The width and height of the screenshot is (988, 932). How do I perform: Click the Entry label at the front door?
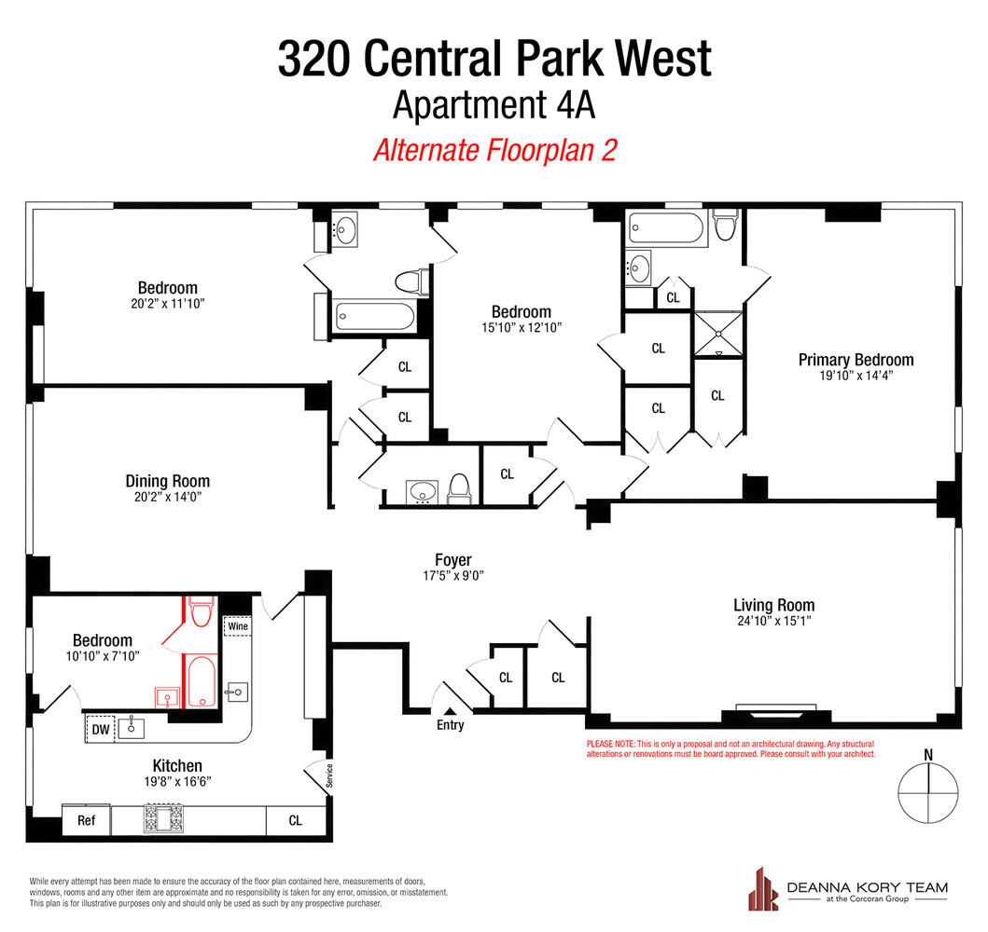450,725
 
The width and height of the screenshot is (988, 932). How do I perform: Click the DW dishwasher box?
100,729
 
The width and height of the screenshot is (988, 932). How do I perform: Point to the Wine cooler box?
238,626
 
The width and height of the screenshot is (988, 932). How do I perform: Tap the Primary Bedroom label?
856,360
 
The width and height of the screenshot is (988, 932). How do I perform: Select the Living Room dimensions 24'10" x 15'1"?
773,622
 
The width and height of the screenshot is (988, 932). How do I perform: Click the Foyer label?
453,560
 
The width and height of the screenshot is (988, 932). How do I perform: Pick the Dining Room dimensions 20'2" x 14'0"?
167,498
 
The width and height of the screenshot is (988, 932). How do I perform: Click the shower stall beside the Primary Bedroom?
717,334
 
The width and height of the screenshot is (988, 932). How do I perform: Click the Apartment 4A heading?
494,104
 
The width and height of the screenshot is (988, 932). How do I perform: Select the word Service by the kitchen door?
328,775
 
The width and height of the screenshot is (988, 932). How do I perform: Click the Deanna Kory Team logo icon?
764,888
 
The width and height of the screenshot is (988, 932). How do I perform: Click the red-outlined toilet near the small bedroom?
200,612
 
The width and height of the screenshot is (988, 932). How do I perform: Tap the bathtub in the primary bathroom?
661,226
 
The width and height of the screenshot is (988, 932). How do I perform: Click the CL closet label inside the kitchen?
295,821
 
